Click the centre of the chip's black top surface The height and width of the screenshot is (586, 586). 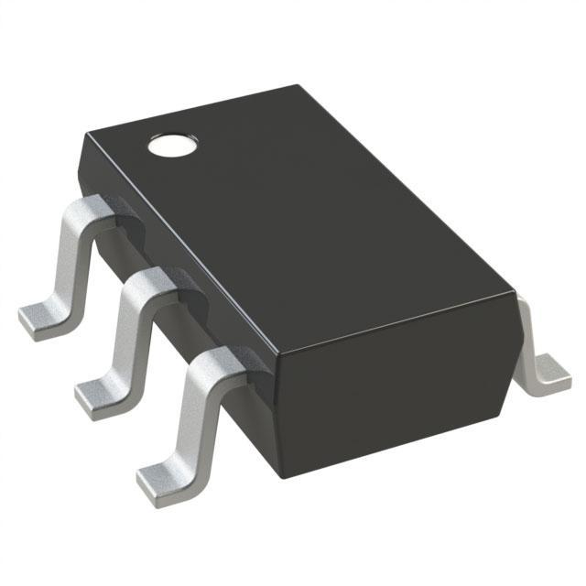(x=302, y=220)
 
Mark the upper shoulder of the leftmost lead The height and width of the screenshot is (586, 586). (x=95, y=207)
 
